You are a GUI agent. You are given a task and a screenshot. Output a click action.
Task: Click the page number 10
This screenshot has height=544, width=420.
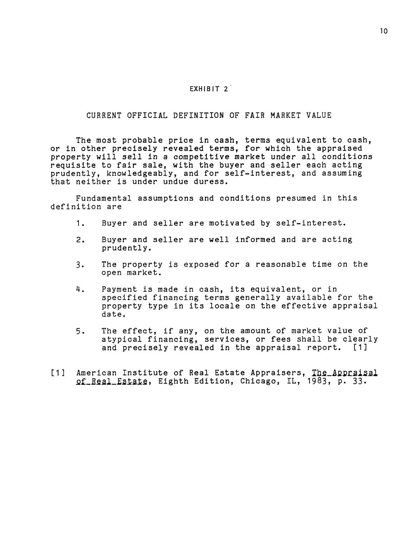pyautogui.click(x=384, y=31)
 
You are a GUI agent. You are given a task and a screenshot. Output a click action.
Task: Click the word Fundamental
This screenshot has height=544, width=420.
pyautogui.click(x=104, y=198)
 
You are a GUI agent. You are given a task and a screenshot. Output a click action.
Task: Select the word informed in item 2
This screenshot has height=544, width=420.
pyautogui.click(x=255, y=240)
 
